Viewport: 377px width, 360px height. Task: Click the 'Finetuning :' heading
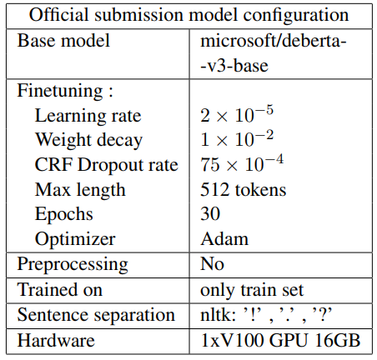[66, 90]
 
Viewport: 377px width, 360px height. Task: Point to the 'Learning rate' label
[88, 115]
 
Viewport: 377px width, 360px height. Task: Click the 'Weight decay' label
[88, 140]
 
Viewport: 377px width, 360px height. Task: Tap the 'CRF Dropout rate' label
[106, 165]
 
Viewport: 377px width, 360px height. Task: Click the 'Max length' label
[80, 190]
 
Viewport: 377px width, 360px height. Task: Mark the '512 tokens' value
[244, 190]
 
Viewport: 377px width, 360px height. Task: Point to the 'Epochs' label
[64, 214]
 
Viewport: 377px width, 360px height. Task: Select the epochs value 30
[210, 214]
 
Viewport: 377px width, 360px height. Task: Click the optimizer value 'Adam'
[224, 239]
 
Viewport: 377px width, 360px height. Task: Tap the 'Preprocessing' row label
[73, 264]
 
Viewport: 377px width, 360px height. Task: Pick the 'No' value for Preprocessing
[213, 264]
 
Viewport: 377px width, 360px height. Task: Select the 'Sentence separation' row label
[97, 315]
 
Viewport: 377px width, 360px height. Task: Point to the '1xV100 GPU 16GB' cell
[277, 340]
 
